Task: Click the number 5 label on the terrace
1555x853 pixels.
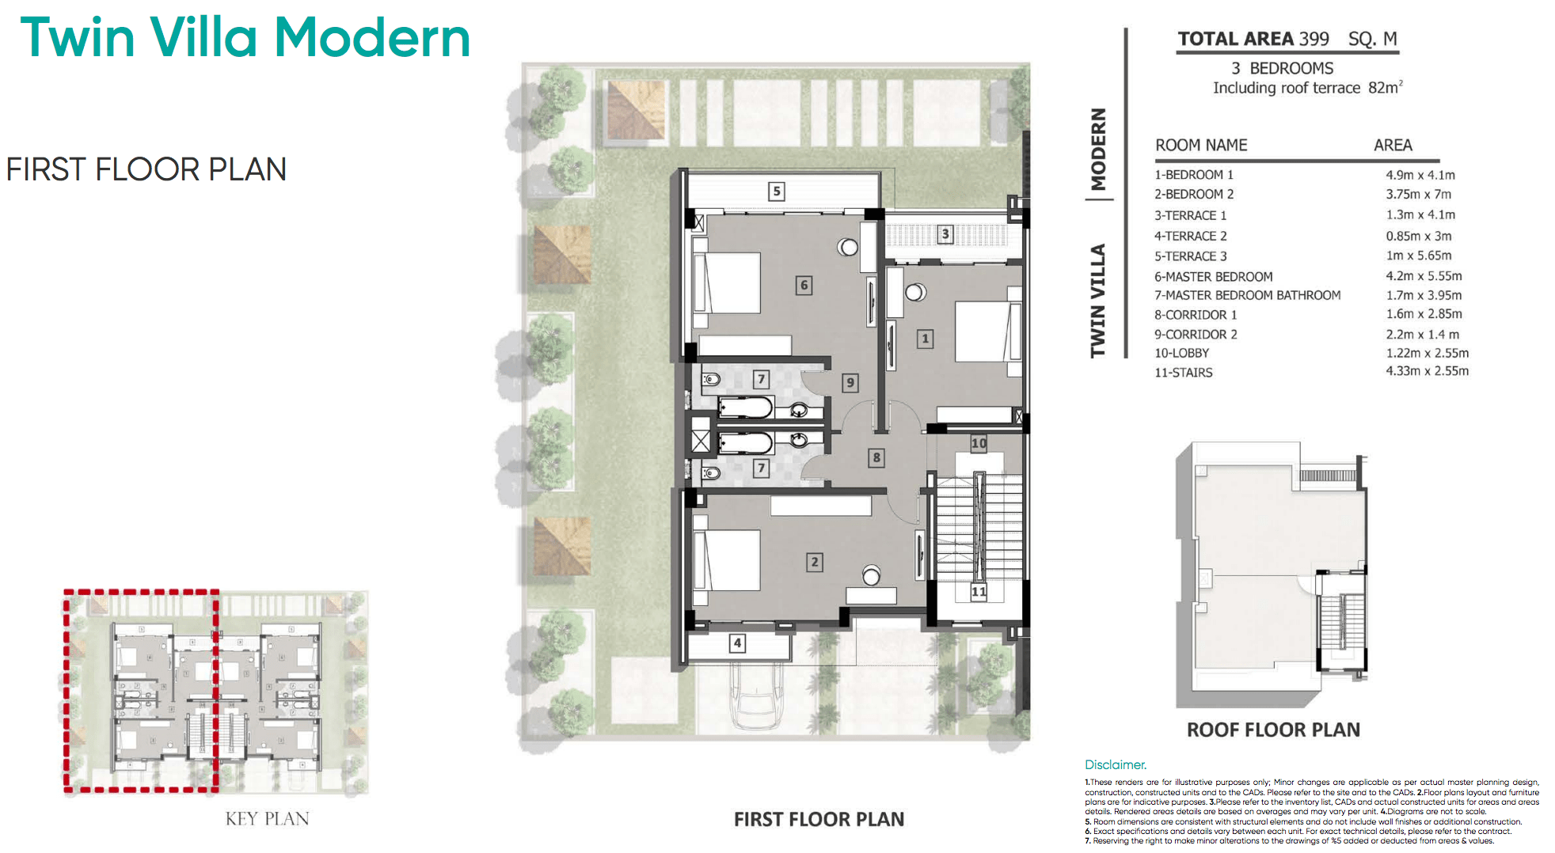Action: [x=777, y=191]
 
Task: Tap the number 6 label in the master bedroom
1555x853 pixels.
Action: [x=804, y=285]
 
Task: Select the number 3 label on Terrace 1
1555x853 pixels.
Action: [x=945, y=234]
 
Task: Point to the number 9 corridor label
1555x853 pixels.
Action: [x=850, y=383]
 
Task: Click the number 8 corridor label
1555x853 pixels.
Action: [x=876, y=457]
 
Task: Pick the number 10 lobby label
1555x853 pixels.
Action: [x=979, y=443]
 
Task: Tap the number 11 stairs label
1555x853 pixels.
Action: [x=979, y=591]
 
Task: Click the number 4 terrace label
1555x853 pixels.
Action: [x=737, y=643]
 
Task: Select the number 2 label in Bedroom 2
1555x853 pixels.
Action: [x=814, y=562]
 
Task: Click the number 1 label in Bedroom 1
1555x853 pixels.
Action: [x=924, y=339]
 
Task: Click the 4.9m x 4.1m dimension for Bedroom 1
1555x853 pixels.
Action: [x=1420, y=175]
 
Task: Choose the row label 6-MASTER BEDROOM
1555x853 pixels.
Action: [x=1213, y=276]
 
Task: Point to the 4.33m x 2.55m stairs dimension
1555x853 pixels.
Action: [x=1427, y=370]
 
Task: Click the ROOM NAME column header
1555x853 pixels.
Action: [x=1200, y=145]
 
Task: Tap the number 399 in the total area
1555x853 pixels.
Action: [x=1314, y=39]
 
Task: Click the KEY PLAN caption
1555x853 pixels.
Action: [x=267, y=818]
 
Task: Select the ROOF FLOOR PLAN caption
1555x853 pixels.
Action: [x=1272, y=730]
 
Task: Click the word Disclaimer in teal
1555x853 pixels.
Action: [x=1115, y=764]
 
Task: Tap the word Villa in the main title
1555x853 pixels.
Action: [x=204, y=37]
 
